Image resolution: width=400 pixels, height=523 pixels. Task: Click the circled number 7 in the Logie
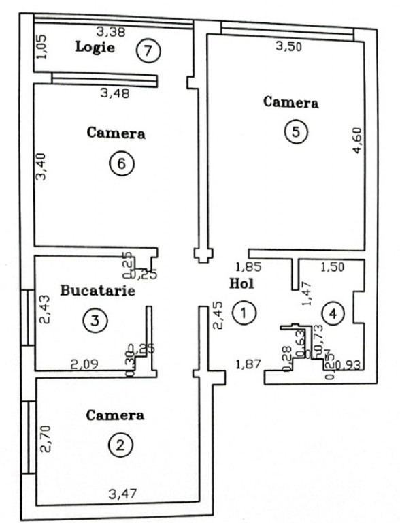pyautogui.click(x=148, y=50)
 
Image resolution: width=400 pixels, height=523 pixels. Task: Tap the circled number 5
pyautogui.click(x=295, y=132)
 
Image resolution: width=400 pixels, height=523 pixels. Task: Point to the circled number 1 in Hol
pyautogui.click(x=243, y=313)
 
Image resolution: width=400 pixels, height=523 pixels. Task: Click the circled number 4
pyautogui.click(x=333, y=313)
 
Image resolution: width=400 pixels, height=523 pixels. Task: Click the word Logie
pyautogui.click(x=95, y=47)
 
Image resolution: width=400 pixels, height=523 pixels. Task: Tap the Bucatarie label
pyautogui.click(x=98, y=291)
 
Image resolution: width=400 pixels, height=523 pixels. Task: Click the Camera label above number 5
pyautogui.click(x=291, y=103)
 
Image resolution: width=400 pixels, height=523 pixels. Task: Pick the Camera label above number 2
pyautogui.click(x=116, y=415)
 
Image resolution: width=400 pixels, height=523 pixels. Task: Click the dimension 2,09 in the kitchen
pyautogui.click(x=85, y=365)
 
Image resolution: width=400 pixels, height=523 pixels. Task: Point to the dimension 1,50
pyautogui.click(x=332, y=268)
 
